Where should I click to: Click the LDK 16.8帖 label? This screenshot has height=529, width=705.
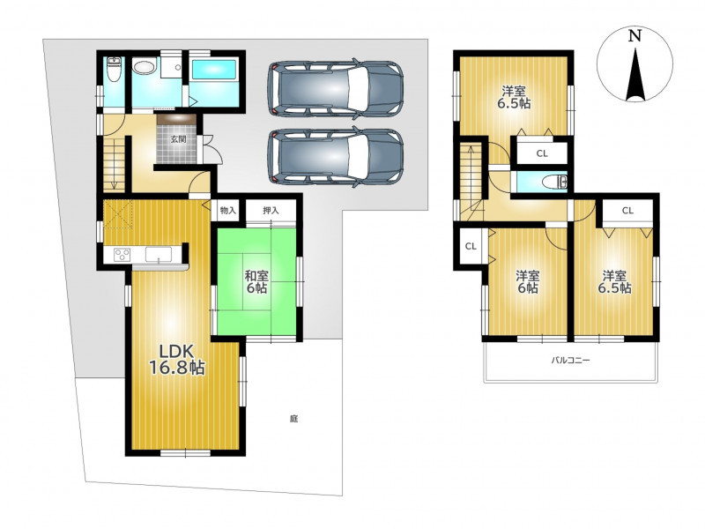pyautogui.click(x=177, y=360)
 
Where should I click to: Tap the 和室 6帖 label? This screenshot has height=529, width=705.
pyautogui.click(x=256, y=281)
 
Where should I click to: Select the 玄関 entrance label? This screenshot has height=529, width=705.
pyautogui.click(x=178, y=139)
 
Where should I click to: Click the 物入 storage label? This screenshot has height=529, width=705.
pyautogui.click(x=228, y=210)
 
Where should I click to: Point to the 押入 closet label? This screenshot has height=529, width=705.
pyautogui.click(x=271, y=210)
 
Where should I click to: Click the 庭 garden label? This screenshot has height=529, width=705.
pyautogui.click(x=293, y=419)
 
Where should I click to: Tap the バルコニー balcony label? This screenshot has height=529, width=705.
pyautogui.click(x=570, y=360)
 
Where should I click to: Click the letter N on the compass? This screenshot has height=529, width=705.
pyautogui.click(x=634, y=35)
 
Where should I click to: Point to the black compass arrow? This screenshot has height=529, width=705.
pyautogui.click(x=635, y=75)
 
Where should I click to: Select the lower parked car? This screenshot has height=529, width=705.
pyautogui.click(x=336, y=157)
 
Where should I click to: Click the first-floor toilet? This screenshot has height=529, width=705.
pyautogui.click(x=115, y=70)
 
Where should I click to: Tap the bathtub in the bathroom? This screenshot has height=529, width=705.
pyautogui.click(x=214, y=71)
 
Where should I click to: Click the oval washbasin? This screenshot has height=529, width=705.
pyautogui.click(x=145, y=69)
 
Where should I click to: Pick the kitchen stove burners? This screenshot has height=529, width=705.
pyautogui.click(x=122, y=255)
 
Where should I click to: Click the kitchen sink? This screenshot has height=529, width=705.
pyautogui.click(x=159, y=255)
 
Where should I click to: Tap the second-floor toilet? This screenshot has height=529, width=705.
pyautogui.click(x=554, y=183)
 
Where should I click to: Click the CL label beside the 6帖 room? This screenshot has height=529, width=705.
pyautogui.click(x=471, y=246)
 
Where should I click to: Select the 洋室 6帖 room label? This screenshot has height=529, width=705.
pyautogui.click(x=528, y=281)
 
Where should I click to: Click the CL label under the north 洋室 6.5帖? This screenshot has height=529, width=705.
pyautogui.click(x=542, y=153)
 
